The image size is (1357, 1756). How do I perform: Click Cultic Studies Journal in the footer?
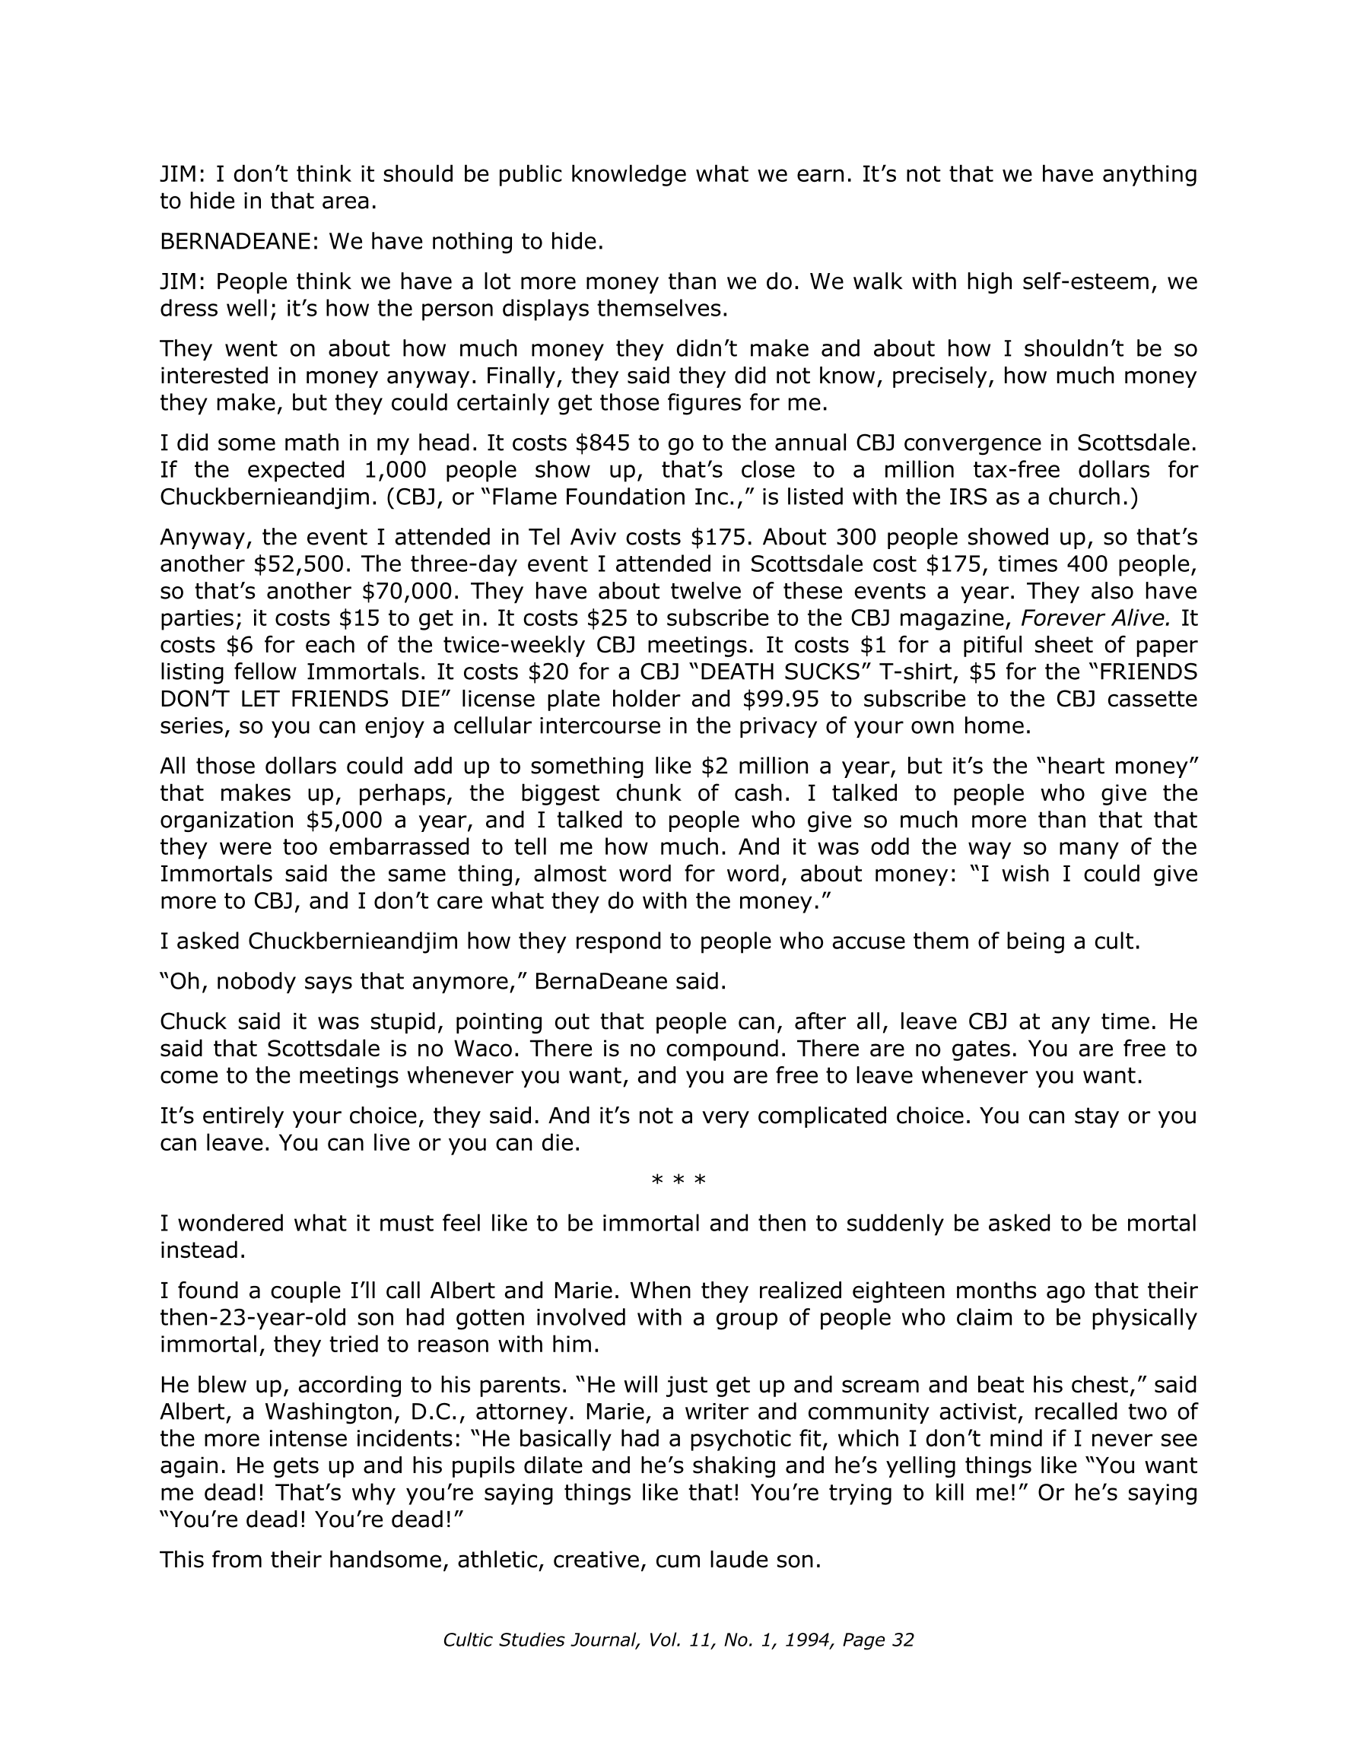[540, 1640]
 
